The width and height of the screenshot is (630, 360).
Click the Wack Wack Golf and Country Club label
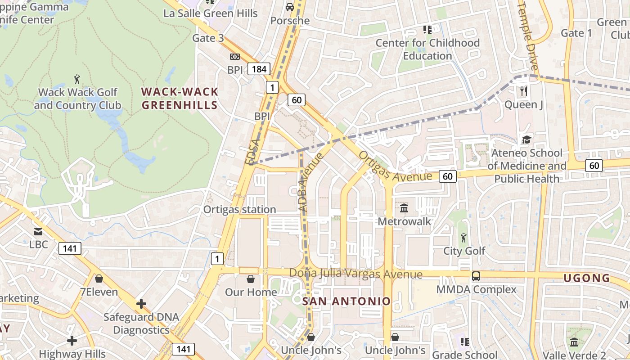[x=77, y=99]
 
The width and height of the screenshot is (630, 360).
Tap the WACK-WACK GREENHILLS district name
[x=180, y=99]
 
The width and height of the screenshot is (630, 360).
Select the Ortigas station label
[x=239, y=209]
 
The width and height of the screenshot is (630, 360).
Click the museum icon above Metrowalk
[x=404, y=208]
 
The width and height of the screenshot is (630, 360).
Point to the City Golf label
[x=464, y=251]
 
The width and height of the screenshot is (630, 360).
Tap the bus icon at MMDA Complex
[x=476, y=276]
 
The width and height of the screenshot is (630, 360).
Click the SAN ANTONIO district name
[x=346, y=301]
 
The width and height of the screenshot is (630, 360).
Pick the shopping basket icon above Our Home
[x=251, y=279]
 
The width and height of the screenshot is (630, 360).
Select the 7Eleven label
[x=99, y=292]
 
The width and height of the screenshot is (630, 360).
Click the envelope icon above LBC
[x=38, y=232]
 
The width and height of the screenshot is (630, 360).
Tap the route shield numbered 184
[x=259, y=69]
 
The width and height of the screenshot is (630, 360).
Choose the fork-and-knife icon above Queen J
[x=523, y=91]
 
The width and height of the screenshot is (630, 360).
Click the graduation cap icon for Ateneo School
[x=526, y=139]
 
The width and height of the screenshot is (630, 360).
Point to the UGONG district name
[x=587, y=278]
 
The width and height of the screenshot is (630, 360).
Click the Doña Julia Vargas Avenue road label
[x=355, y=274]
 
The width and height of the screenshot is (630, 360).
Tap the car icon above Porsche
[x=290, y=7]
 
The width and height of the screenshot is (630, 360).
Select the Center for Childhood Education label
[x=427, y=49]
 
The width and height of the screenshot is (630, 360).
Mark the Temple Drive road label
[x=528, y=36]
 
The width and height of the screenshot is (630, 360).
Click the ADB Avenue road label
[x=310, y=182]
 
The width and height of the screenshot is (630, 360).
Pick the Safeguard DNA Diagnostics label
[x=141, y=323]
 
